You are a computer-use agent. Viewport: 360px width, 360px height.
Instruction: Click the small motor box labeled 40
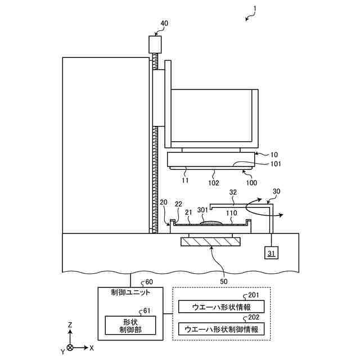155,44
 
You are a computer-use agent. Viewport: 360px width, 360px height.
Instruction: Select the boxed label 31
272,252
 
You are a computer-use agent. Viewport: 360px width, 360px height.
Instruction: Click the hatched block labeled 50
210,242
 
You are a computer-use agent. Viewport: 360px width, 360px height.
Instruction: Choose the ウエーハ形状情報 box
221,307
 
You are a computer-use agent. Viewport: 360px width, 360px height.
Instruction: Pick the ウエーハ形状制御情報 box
221,328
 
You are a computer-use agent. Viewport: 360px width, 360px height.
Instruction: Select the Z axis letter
69,325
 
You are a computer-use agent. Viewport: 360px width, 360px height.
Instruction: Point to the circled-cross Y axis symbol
70,348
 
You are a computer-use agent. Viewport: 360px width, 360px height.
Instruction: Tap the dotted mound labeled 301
210,223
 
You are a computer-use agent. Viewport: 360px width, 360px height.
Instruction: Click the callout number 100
251,183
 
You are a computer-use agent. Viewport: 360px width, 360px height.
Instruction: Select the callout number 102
214,182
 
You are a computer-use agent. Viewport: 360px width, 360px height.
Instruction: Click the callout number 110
231,214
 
